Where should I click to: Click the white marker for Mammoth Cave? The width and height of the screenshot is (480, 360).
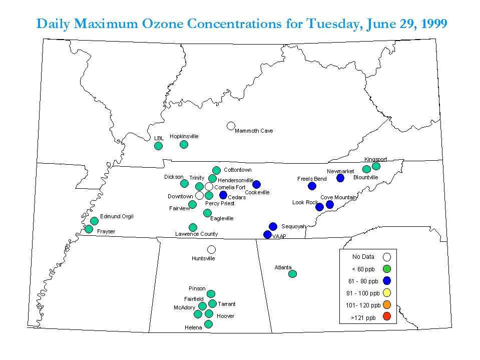click(x=231, y=126)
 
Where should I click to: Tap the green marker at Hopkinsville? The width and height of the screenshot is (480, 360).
click(x=184, y=144)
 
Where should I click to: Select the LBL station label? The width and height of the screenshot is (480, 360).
click(x=159, y=138)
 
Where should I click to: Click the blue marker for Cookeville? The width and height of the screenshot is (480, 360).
click(x=257, y=184)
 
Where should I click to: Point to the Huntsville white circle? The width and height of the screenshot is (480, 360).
click(x=211, y=249)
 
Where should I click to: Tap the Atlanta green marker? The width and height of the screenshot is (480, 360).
click(x=292, y=274)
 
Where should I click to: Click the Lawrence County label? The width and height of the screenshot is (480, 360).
click(x=197, y=234)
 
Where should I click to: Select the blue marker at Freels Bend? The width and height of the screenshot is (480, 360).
click(x=312, y=186)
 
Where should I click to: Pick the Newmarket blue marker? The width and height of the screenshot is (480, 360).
click(x=340, y=178)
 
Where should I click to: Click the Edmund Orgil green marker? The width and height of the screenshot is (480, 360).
click(x=94, y=221)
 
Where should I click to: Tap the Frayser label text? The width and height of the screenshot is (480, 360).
click(x=106, y=231)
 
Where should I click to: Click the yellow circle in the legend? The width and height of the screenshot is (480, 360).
click(x=387, y=292)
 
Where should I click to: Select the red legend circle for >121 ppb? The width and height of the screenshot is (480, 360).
click(x=387, y=316)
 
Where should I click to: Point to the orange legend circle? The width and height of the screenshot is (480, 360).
click(x=387, y=304)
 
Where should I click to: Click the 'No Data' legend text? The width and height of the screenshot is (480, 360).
click(x=363, y=257)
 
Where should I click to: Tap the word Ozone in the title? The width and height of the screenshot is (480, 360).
click(x=163, y=24)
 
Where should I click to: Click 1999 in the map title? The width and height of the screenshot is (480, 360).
click(x=434, y=24)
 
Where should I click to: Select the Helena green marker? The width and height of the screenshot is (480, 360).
click(x=208, y=324)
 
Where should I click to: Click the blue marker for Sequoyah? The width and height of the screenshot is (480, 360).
click(x=273, y=226)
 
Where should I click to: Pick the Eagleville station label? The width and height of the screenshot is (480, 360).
click(x=222, y=218)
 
